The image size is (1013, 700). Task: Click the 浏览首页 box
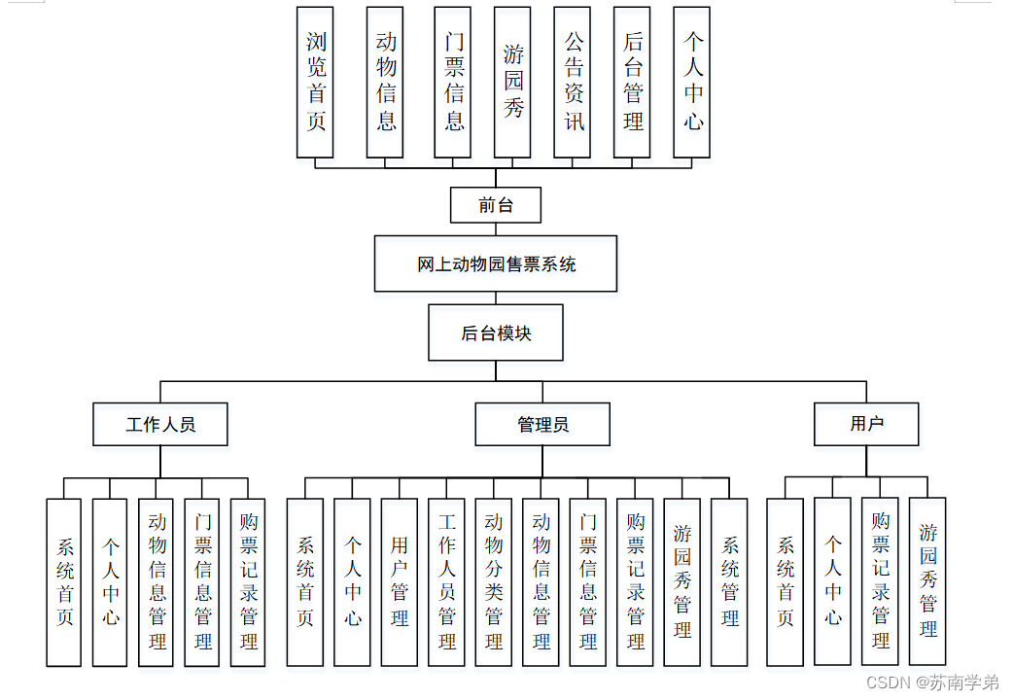[316, 82]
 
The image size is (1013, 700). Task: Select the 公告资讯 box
[573, 82]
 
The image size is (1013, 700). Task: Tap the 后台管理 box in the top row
[633, 82]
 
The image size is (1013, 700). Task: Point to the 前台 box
[496, 205]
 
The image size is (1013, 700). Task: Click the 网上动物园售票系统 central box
[496, 263]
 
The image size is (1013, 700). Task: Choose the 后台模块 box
[496, 333]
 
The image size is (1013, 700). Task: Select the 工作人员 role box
[160, 425]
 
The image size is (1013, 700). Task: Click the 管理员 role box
[542, 425]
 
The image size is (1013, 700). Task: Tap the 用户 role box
[866, 424]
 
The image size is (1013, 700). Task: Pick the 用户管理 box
[400, 581]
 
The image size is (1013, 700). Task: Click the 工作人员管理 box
[447, 581]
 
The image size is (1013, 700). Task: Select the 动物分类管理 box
[494, 581]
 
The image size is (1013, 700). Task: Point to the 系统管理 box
[730, 581]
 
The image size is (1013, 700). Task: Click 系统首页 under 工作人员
[64, 581]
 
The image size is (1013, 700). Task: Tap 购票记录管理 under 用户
[881, 581]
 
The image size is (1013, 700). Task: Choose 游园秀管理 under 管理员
[682, 581]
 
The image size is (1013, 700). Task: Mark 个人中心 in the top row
[692, 82]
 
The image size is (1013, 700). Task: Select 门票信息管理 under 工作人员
[202, 581]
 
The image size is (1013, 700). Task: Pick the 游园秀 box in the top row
[512, 82]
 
